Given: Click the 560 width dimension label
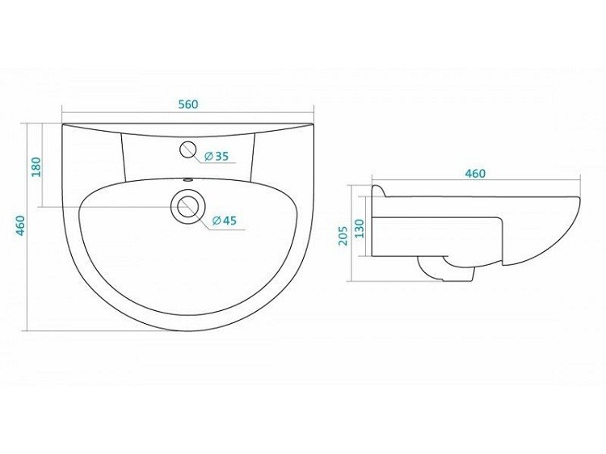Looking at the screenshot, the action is coord(188,104).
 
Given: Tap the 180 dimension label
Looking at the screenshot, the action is coord(36,167).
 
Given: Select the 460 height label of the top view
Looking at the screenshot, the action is coord(20,225).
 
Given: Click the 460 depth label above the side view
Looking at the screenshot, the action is coord(475,174).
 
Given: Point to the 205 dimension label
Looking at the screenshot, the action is coord(343,236).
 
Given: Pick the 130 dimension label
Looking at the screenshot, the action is coord(360,229).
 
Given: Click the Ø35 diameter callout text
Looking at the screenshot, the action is coord(217,156).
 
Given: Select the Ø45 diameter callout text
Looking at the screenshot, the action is coord(224,221).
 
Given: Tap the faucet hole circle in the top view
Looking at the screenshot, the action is coord(188,149).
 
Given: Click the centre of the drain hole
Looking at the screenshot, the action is coord(187,206).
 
